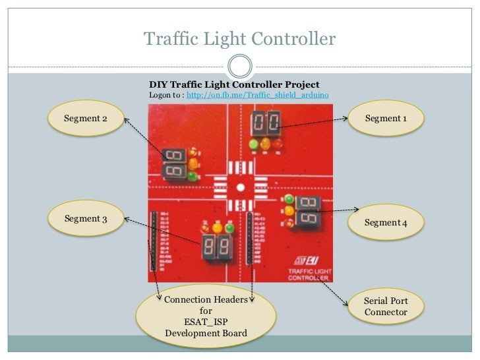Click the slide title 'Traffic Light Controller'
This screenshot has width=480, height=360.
tap(239, 39)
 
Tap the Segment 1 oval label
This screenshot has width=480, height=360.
tap(386, 119)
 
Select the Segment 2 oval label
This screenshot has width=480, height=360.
tap(86, 119)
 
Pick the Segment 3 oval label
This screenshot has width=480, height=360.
tap(86, 219)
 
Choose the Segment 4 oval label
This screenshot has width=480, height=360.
tap(386, 223)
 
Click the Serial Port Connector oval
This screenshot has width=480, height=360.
tap(386, 306)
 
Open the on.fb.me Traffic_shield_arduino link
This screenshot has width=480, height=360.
tap(258, 96)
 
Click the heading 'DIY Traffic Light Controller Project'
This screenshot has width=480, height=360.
tap(234, 84)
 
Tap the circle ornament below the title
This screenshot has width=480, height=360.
tap(239, 65)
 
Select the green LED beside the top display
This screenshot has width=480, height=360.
tap(253, 144)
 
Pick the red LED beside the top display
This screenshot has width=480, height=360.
tap(278, 143)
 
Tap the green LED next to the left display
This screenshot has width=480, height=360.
tap(193, 176)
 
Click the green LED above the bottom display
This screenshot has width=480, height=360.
tap(229, 228)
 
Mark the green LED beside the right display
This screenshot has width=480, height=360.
tap(288, 198)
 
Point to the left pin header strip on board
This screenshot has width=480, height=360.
tap(154, 241)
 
